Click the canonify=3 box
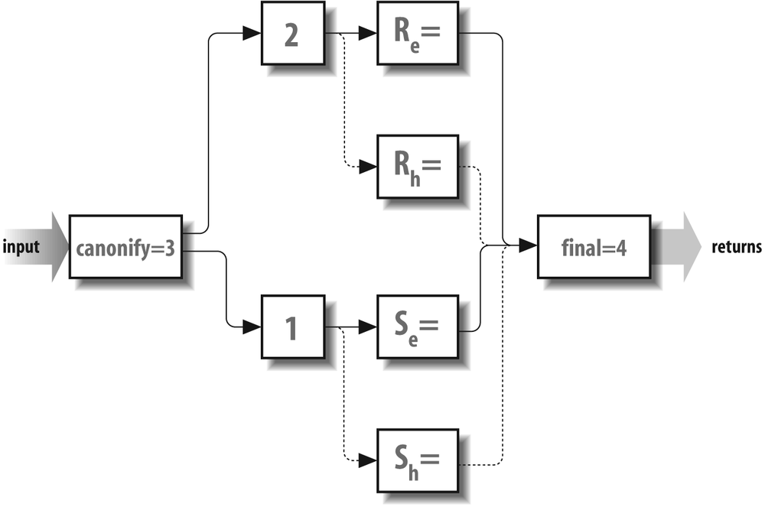pos(126,247)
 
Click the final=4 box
pos(594,247)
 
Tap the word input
pos(21,247)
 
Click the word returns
pos(736,247)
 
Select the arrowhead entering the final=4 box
pos(528,246)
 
